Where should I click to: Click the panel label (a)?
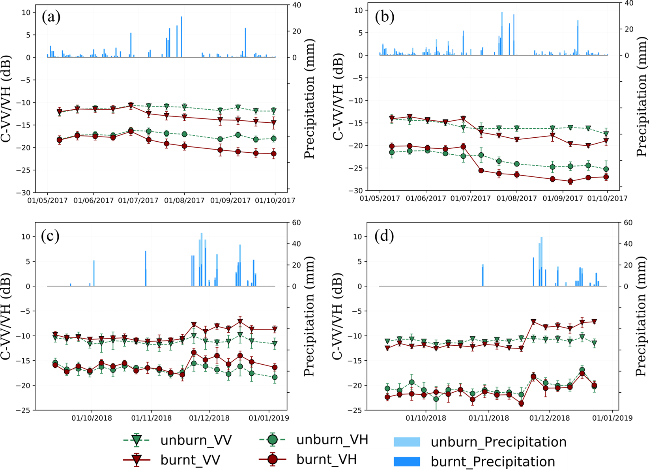[51, 17]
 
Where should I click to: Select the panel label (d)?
[385, 236]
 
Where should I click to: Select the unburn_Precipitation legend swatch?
[406, 442]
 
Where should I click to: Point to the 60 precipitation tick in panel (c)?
[296, 223]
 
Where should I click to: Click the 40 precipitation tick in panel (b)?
[629, 3]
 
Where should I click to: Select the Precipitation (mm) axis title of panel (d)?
[642, 316]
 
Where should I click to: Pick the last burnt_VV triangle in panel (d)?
[594, 321]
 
